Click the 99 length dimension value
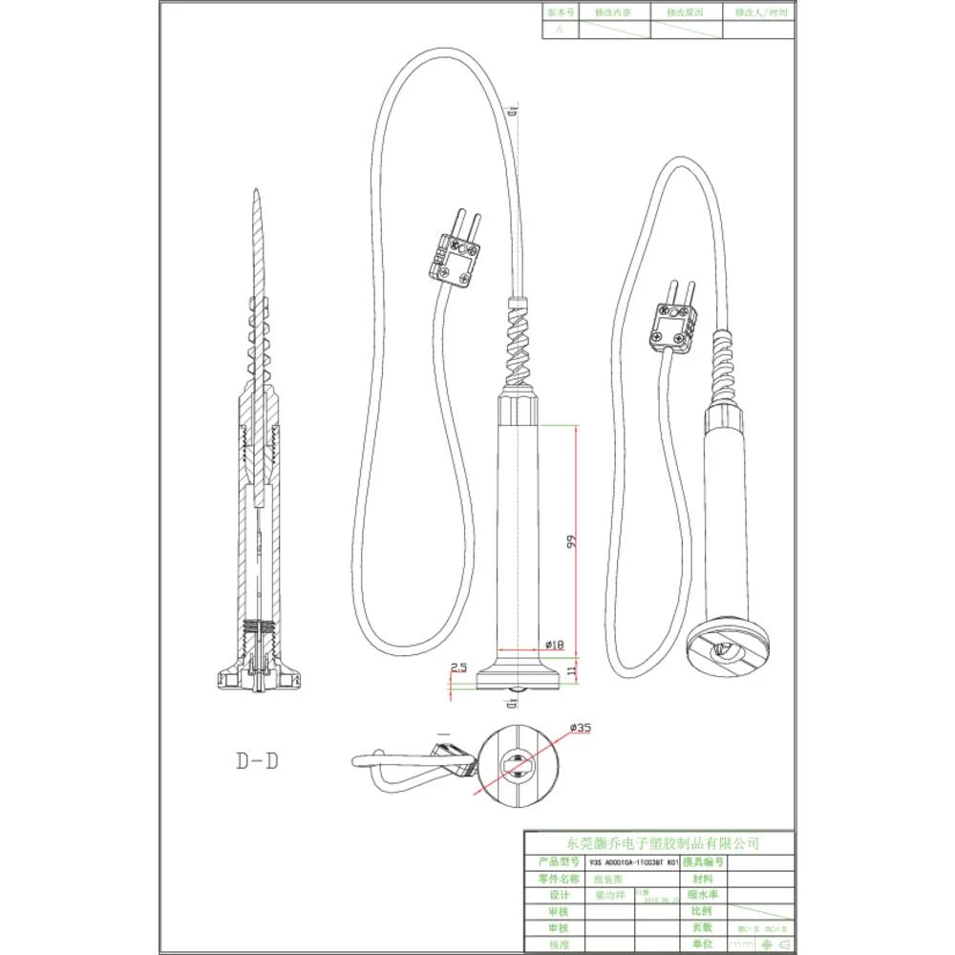click(x=571, y=541)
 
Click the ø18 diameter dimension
click(x=553, y=646)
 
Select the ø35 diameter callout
click(x=579, y=728)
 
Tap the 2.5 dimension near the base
click(x=458, y=667)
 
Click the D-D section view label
click(x=257, y=761)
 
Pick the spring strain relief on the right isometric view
click(x=724, y=369)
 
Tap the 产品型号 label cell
click(x=559, y=861)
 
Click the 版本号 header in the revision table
click(x=561, y=12)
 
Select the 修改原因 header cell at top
click(x=686, y=12)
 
